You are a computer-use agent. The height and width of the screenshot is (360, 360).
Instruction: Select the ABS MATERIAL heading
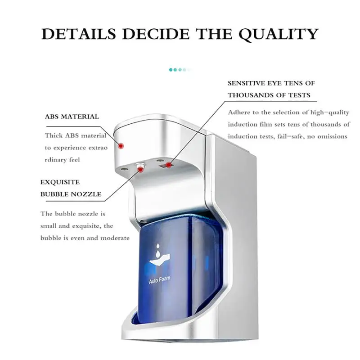click(x=72, y=117)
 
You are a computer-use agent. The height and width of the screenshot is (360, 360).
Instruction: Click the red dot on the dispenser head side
click(x=120, y=145)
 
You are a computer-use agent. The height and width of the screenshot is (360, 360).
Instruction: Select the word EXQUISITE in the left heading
click(x=60, y=183)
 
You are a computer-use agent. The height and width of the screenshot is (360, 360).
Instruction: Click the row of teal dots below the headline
click(x=179, y=70)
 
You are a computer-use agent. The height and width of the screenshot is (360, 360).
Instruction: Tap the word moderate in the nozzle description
click(x=113, y=238)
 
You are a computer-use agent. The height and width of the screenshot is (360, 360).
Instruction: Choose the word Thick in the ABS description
click(x=53, y=135)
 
